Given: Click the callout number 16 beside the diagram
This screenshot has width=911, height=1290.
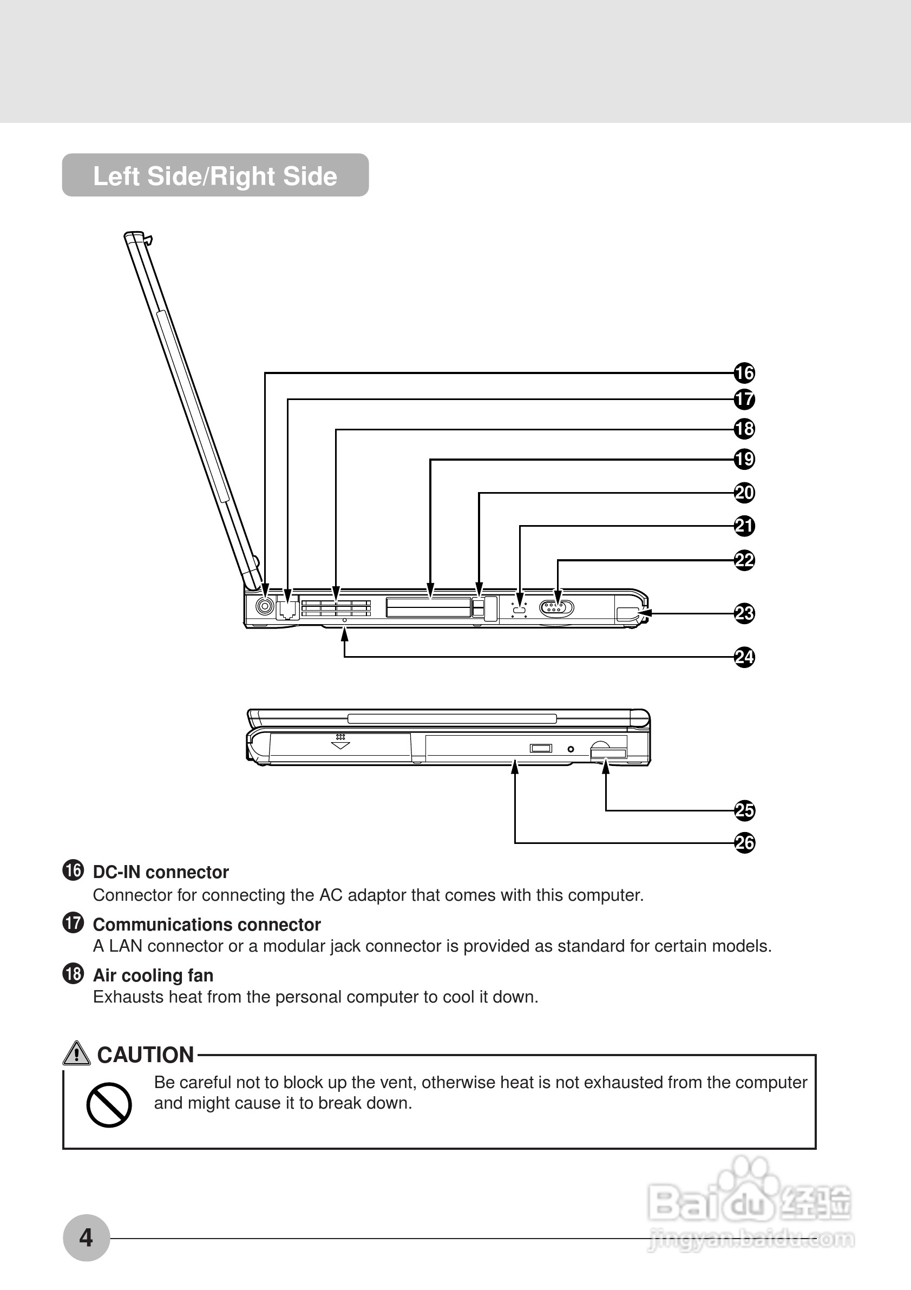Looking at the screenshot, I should click(x=744, y=372).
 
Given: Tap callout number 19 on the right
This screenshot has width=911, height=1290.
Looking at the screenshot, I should click(x=744, y=459).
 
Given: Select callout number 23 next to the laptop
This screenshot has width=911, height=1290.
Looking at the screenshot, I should click(x=744, y=613).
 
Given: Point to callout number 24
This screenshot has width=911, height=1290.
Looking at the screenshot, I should click(x=744, y=657).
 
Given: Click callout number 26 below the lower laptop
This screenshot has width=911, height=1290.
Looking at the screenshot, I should click(x=744, y=843).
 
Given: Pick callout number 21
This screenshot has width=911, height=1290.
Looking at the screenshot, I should click(x=744, y=526).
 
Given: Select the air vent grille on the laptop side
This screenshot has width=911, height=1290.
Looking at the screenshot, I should click(x=336, y=608).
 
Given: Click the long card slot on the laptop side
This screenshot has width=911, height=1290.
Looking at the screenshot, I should click(x=429, y=607).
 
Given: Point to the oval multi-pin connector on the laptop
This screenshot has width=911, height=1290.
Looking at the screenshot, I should click(x=556, y=608).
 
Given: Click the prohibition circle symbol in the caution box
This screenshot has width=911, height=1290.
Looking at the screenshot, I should click(x=109, y=1104).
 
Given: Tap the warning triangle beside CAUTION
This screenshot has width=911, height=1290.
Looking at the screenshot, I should click(x=76, y=1053).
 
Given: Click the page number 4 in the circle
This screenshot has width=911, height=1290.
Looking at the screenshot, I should click(x=86, y=1237).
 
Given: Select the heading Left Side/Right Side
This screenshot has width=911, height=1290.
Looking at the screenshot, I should click(x=215, y=176).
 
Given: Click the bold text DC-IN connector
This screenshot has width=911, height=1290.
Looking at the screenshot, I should click(x=161, y=872).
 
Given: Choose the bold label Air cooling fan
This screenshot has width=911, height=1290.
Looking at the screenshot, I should click(x=153, y=975).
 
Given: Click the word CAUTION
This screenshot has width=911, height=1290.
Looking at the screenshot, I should click(x=146, y=1055).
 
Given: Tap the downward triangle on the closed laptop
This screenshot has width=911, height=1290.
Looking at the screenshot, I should click(x=340, y=745).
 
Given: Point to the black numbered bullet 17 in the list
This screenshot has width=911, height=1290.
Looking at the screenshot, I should click(x=73, y=922).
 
